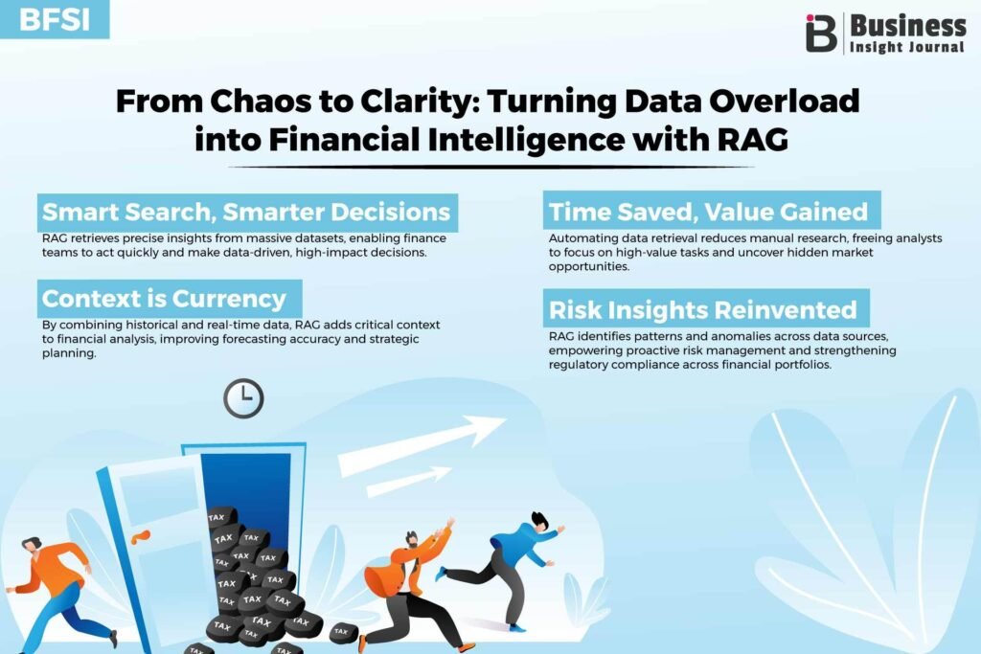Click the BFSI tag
[55, 19]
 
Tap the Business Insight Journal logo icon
[821, 34]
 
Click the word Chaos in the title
[262, 101]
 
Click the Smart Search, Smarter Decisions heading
[247, 213]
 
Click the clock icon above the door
[243, 398]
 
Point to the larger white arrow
[422, 446]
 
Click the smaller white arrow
[408, 481]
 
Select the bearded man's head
[412, 539]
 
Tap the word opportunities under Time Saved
[589, 267]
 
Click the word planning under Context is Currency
[69, 353]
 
